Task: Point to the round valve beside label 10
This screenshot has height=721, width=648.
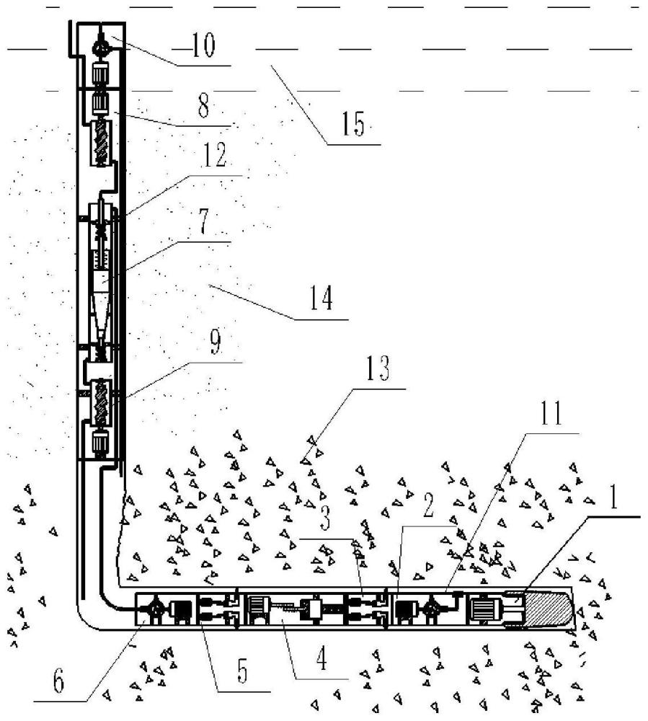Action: coord(100,47)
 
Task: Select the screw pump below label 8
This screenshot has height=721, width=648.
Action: coord(100,144)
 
